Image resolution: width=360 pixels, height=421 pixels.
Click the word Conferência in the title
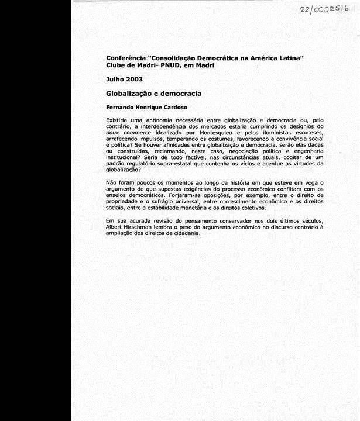click(126, 58)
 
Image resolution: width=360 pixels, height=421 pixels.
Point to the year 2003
click(134, 79)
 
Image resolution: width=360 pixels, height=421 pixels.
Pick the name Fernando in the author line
click(122, 108)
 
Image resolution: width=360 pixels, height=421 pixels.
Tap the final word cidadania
click(186, 232)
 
